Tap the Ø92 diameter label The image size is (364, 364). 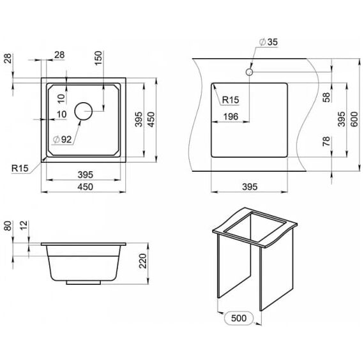click(62, 139)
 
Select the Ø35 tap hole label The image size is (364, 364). click(268, 42)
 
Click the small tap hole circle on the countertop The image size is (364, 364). click(249, 72)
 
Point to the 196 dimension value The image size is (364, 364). click(231, 116)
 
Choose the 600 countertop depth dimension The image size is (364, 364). click(354, 119)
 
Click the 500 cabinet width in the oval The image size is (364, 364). click(239, 318)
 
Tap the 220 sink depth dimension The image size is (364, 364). click(143, 261)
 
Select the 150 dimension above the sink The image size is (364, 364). click(98, 58)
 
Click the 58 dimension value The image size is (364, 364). click(326, 97)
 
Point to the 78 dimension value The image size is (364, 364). click(326, 141)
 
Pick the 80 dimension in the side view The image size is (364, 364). click(8, 225)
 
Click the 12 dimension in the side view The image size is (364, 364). click(24, 225)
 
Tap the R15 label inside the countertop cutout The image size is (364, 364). click(231, 100)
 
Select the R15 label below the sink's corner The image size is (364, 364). click(20, 168)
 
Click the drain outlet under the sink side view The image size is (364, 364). click(84, 282)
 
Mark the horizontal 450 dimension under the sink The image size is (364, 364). click(85, 186)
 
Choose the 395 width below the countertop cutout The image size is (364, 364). click(250, 186)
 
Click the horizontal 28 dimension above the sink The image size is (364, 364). click(59, 55)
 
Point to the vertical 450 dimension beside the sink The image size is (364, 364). click(151, 119)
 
